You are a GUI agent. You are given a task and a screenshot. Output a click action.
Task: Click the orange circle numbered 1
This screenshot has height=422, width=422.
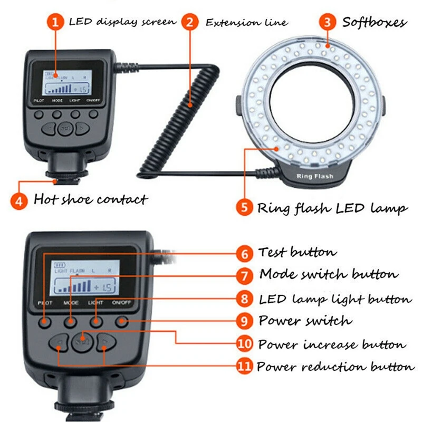(55, 22)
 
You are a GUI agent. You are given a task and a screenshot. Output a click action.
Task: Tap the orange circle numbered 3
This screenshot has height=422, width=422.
(328, 22)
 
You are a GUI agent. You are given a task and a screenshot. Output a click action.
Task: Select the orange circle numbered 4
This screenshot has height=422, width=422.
(19, 200)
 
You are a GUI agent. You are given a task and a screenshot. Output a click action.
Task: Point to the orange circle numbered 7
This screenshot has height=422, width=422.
(244, 275)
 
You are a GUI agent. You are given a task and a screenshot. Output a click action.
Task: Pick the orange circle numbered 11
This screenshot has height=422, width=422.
(244, 367)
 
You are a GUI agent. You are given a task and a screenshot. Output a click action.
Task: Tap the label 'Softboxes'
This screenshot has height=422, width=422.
(375, 22)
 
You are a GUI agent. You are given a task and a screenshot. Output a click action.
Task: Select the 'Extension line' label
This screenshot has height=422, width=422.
(246, 23)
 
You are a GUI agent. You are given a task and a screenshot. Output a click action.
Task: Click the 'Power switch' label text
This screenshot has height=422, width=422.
(304, 321)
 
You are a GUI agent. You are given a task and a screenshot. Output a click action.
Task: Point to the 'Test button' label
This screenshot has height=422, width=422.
(297, 253)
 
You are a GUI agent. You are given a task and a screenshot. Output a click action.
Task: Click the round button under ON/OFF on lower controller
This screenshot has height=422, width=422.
(122, 321)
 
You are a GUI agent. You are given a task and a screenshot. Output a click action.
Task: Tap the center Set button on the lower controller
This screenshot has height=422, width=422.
(81, 341)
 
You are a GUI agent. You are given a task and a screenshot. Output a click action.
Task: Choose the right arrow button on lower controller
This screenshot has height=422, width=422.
(105, 343)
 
